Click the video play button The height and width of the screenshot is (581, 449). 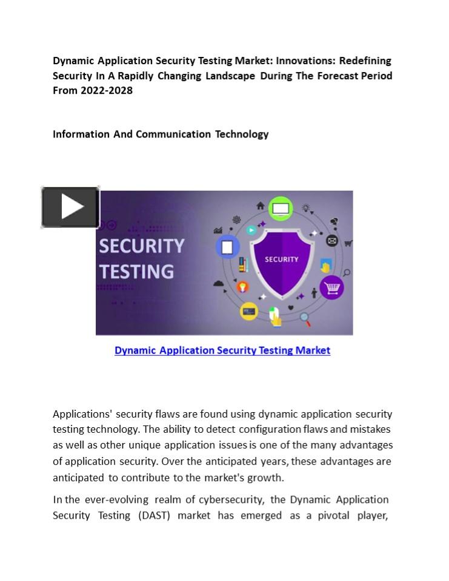[70, 207]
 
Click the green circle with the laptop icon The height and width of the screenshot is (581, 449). [281, 209]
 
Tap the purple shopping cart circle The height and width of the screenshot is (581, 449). [331, 287]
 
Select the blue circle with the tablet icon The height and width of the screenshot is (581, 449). [228, 247]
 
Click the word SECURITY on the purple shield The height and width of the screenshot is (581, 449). [281, 259]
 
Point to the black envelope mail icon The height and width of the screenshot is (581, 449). [332, 241]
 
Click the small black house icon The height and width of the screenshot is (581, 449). [261, 206]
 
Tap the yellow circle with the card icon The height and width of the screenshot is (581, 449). [248, 311]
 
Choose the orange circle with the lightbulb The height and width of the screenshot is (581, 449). [242, 287]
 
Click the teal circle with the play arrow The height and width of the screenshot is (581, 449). [251, 230]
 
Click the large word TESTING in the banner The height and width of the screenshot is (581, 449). [136, 271]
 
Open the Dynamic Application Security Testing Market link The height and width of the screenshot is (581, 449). [222, 350]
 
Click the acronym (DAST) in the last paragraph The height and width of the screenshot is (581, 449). [154, 516]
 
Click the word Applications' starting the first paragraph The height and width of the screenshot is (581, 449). [82, 415]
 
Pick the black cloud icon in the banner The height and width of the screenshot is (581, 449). [219, 283]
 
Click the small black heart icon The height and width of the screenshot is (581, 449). [291, 308]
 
